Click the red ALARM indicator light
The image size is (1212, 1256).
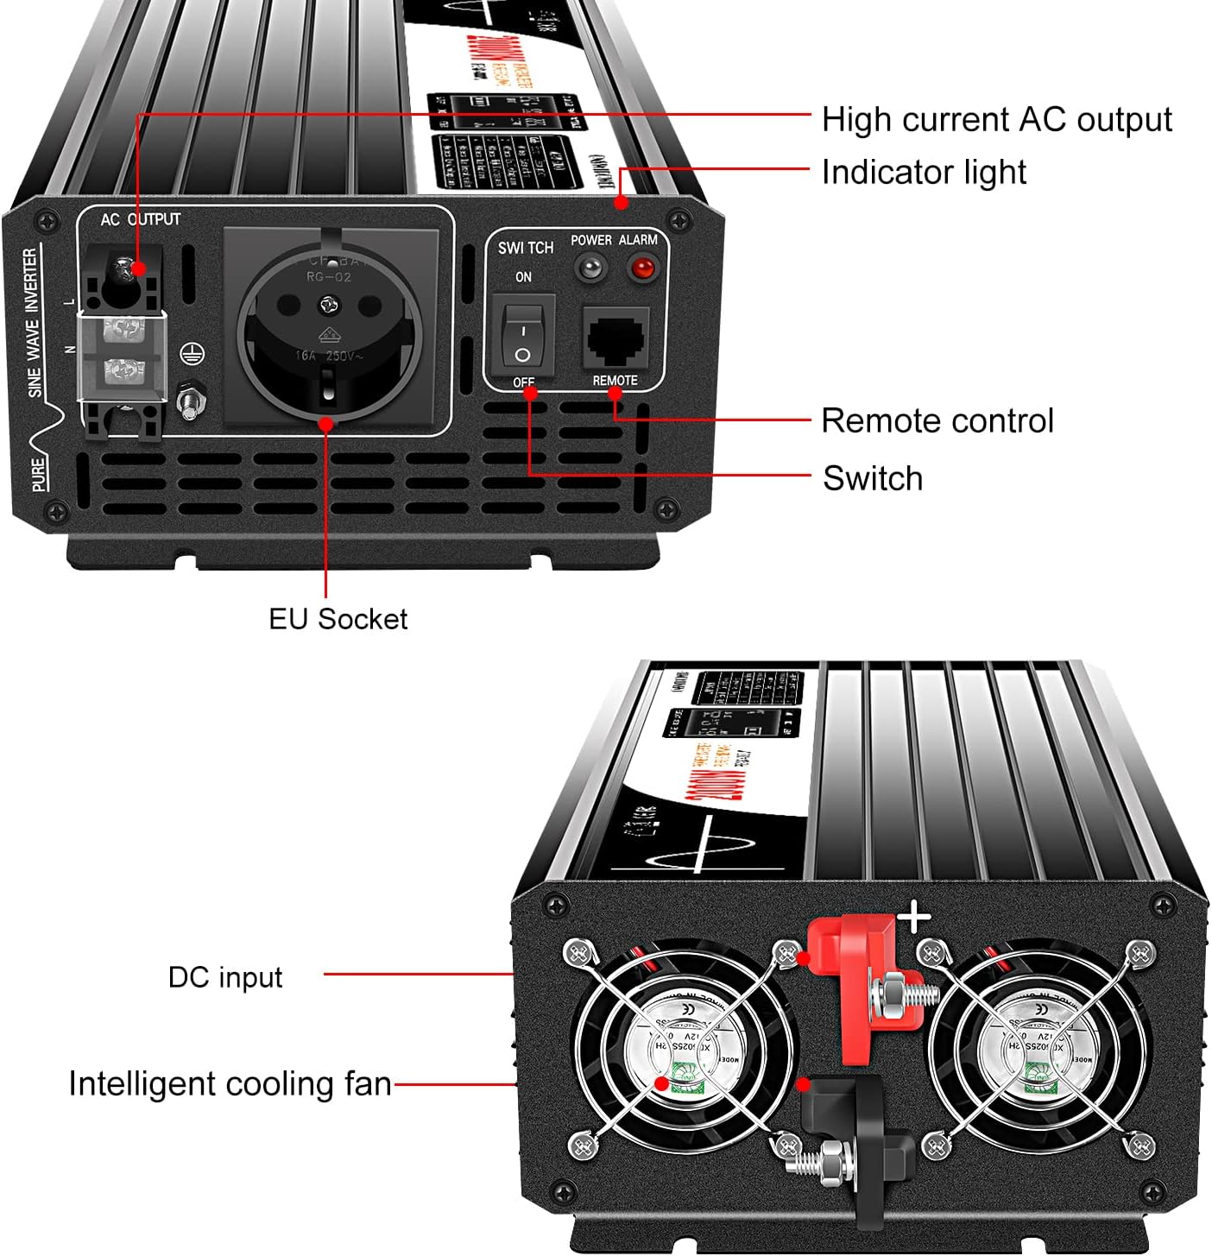(641, 268)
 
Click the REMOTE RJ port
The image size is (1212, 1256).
(616, 338)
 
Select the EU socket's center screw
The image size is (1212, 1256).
(328, 303)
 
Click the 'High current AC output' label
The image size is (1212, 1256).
(996, 119)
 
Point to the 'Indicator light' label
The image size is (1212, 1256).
(924, 172)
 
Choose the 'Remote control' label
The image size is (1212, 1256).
(937, 420)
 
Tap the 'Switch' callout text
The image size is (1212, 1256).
(873, 478)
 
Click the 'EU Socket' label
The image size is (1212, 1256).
(338, 618)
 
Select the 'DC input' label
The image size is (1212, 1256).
(225, 976)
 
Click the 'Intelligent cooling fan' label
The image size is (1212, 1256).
(230, 1083)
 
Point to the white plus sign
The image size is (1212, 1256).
(914, 918)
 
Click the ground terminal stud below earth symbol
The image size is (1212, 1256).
(189, 401)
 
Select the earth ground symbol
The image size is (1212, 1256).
(191, 353)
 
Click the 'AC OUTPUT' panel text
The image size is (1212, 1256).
(141, 219)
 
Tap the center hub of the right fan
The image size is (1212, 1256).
(1041, 1045)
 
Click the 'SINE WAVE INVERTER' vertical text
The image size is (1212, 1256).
(33, 322)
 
